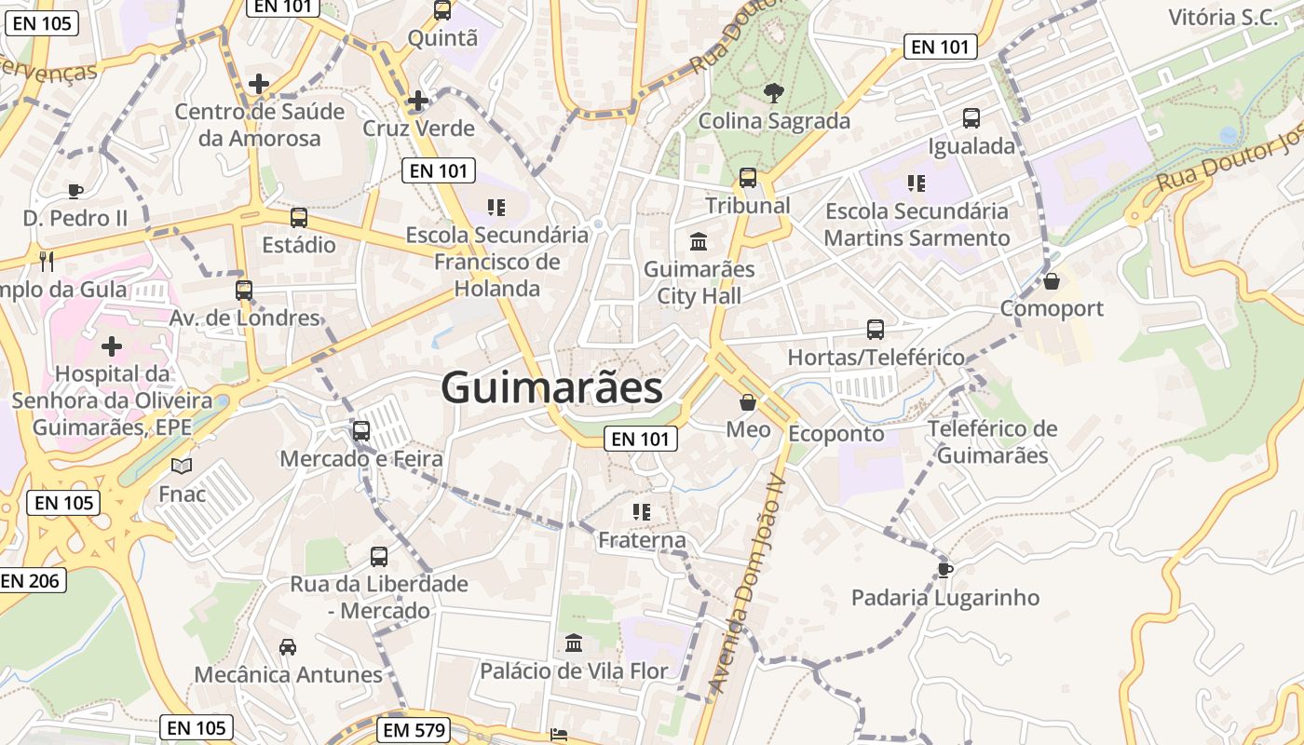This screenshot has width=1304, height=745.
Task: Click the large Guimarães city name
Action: (x=551, y=387)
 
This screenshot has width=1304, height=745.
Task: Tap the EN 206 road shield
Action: (x=31, y=580)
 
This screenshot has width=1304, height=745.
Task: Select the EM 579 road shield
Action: (x=415, y=730)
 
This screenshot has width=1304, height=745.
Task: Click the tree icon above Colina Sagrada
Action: (x=772, y=91)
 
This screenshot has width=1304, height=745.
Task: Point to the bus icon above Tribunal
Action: (x=747, y=177)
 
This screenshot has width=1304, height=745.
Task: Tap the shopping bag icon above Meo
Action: (x=747, y=402)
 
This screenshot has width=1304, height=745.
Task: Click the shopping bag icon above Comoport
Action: (x=1052, y=280)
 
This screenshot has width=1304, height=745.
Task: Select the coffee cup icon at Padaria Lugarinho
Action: (x=944, y=569)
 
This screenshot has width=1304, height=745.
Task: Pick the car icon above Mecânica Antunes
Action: (x=288, y=646)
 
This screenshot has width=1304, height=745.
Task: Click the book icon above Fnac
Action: (x=182, y=465)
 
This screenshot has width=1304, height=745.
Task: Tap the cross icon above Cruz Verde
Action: (x=418, y=101)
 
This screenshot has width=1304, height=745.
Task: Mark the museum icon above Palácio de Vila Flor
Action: (x=574, y=643)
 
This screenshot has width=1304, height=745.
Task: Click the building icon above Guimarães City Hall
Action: (x=699, y=242)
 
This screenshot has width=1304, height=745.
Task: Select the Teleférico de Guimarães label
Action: (x=992, y=442)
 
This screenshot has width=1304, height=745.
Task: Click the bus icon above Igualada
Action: (x=971, y=118)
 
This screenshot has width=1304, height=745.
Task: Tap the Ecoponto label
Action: (x=835, y=433)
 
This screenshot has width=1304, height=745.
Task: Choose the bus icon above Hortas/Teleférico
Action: (x=875, y=329)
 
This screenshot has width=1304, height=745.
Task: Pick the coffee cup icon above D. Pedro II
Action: (x=75, y=191)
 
